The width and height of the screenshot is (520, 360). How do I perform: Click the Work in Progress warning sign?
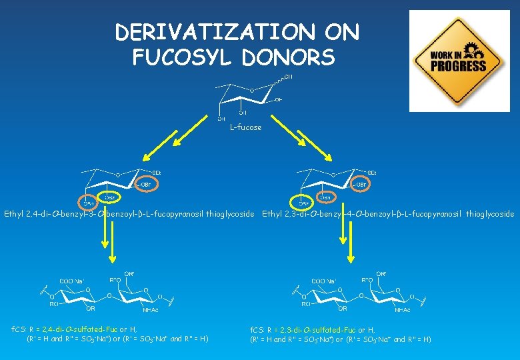coord(459,60)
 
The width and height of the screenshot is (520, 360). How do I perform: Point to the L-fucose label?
coord(245,127)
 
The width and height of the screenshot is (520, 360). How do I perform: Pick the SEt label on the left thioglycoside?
coord(157,173)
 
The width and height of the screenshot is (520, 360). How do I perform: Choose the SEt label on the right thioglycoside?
coord(371,173)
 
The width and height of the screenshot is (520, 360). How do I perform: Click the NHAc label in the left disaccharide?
coord(151,309)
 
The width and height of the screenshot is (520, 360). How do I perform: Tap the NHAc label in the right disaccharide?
coord(401,309)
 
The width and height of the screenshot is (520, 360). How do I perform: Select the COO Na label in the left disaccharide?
coord(76,281)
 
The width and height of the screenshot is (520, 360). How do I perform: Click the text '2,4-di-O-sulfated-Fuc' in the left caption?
coord(82,329)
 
